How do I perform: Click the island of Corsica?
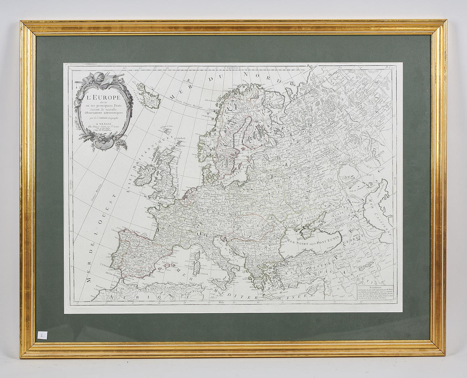197,256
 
